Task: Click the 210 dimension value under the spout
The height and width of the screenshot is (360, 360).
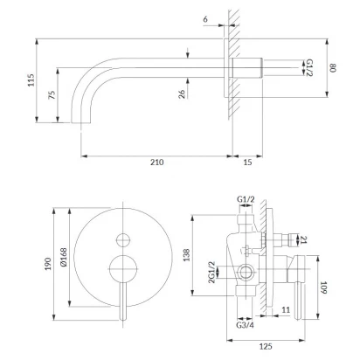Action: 157,163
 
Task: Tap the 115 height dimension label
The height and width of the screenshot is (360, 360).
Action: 31,80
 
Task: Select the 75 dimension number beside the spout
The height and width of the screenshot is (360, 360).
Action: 52,95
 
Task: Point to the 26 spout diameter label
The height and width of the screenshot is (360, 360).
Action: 182,94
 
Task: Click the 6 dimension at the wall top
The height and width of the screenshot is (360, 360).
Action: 205,19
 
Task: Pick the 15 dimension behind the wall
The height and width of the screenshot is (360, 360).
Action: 247,163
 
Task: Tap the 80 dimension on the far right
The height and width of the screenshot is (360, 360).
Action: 333,68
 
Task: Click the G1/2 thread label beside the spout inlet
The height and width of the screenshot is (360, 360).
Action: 309,68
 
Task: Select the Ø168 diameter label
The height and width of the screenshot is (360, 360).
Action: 64,257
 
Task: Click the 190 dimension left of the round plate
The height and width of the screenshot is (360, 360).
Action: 48,264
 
